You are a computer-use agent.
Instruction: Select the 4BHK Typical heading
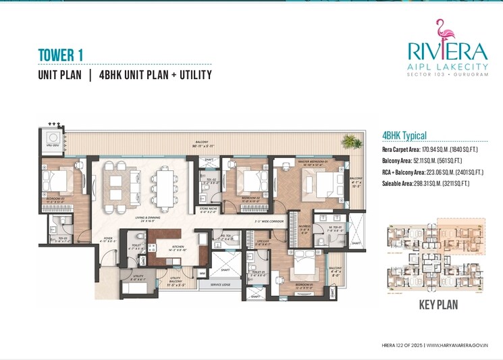404,136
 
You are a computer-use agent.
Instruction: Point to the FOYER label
108,238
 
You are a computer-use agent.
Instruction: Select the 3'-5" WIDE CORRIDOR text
267,222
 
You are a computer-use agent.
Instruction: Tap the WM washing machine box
202,274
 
